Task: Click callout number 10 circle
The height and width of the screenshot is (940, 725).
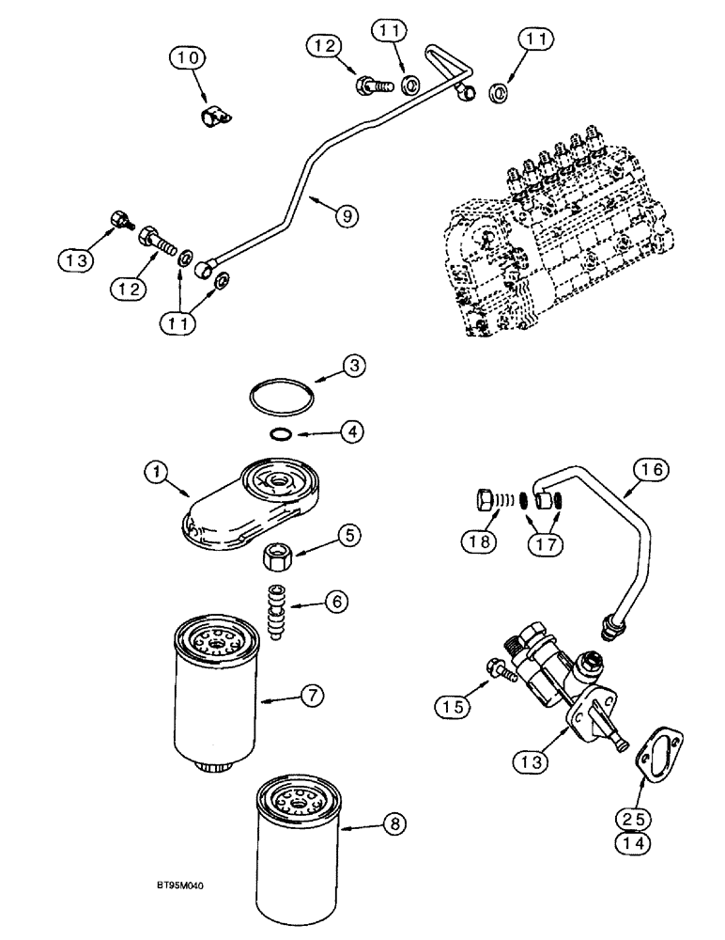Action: tap(184, 60)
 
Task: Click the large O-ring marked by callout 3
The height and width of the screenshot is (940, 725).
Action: tap(282, 396)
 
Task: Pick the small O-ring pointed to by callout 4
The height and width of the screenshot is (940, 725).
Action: tap(280, 432)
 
